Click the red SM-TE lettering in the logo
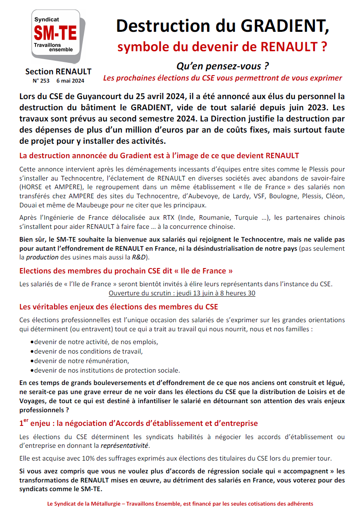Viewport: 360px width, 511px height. tap(55, 33)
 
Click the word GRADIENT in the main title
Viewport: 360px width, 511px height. tap(286, 26)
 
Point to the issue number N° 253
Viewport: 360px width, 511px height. tap(41, 81)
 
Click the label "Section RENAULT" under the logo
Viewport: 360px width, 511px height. tap(58, 72)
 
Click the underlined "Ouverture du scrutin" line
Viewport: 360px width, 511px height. tap(182, 293)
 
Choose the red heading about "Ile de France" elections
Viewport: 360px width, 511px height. tap(126, 271)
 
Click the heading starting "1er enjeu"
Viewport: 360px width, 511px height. tap(138, 423)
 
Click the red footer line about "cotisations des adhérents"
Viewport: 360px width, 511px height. tap(180, 504)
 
